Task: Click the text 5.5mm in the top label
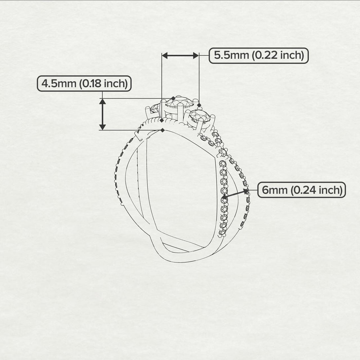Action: (232, 55)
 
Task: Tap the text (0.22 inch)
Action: (278, 55)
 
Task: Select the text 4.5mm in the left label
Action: (59, 83)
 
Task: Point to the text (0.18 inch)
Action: (103, 84)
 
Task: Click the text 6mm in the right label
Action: (274, 190)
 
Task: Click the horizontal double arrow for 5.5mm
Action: (180, 55)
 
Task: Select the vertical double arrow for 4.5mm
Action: (102, 114)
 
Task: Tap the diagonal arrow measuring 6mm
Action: (235, 194)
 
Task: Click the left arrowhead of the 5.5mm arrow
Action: (164, 55)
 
